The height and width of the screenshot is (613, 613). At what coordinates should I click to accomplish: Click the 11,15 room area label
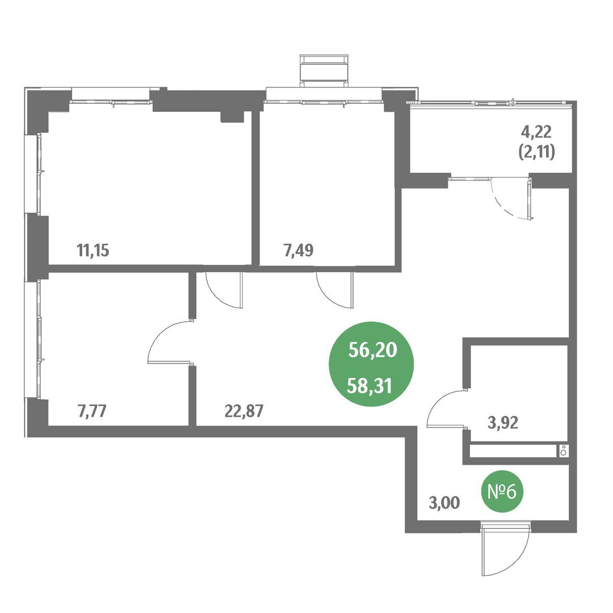(93, 251)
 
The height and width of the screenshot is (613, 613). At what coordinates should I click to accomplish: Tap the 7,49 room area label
(298, 251)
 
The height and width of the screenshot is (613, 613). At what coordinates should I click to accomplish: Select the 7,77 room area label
(91, 411)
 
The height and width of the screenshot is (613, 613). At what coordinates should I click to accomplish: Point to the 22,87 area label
(244, 411)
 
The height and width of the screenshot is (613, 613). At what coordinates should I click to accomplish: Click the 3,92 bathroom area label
(503, 423)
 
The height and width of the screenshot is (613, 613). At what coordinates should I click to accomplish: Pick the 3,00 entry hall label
(444, 512)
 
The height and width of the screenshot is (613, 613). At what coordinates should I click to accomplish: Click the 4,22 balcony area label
(536, 132)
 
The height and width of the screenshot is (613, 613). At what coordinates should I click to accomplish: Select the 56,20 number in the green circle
(373, 350)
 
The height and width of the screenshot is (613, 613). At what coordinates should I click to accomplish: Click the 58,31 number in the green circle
(369, 387)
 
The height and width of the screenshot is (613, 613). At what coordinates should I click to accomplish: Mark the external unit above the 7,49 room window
(324, 70)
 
